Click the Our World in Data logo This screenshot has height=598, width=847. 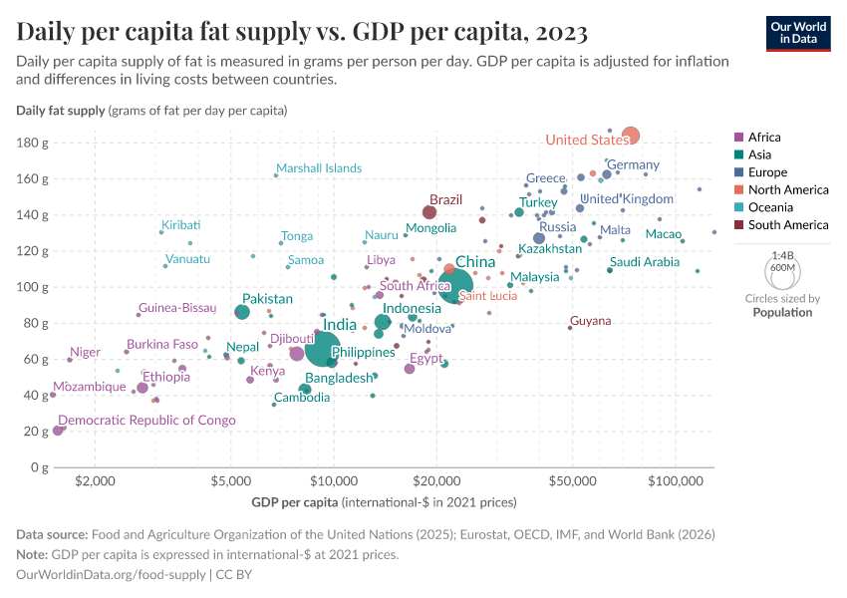coord(797,32)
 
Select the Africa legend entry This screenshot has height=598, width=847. coord(764,138)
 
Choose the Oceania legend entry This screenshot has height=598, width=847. coord(769,207)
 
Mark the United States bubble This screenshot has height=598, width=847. coord(630,136)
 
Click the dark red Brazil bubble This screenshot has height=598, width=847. coord(429,212)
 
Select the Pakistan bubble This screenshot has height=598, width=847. coord(242,312)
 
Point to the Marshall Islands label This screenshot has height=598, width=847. coord(319,168)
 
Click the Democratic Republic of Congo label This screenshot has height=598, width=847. coord(146,421)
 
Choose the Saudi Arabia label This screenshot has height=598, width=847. coord(645,262)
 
